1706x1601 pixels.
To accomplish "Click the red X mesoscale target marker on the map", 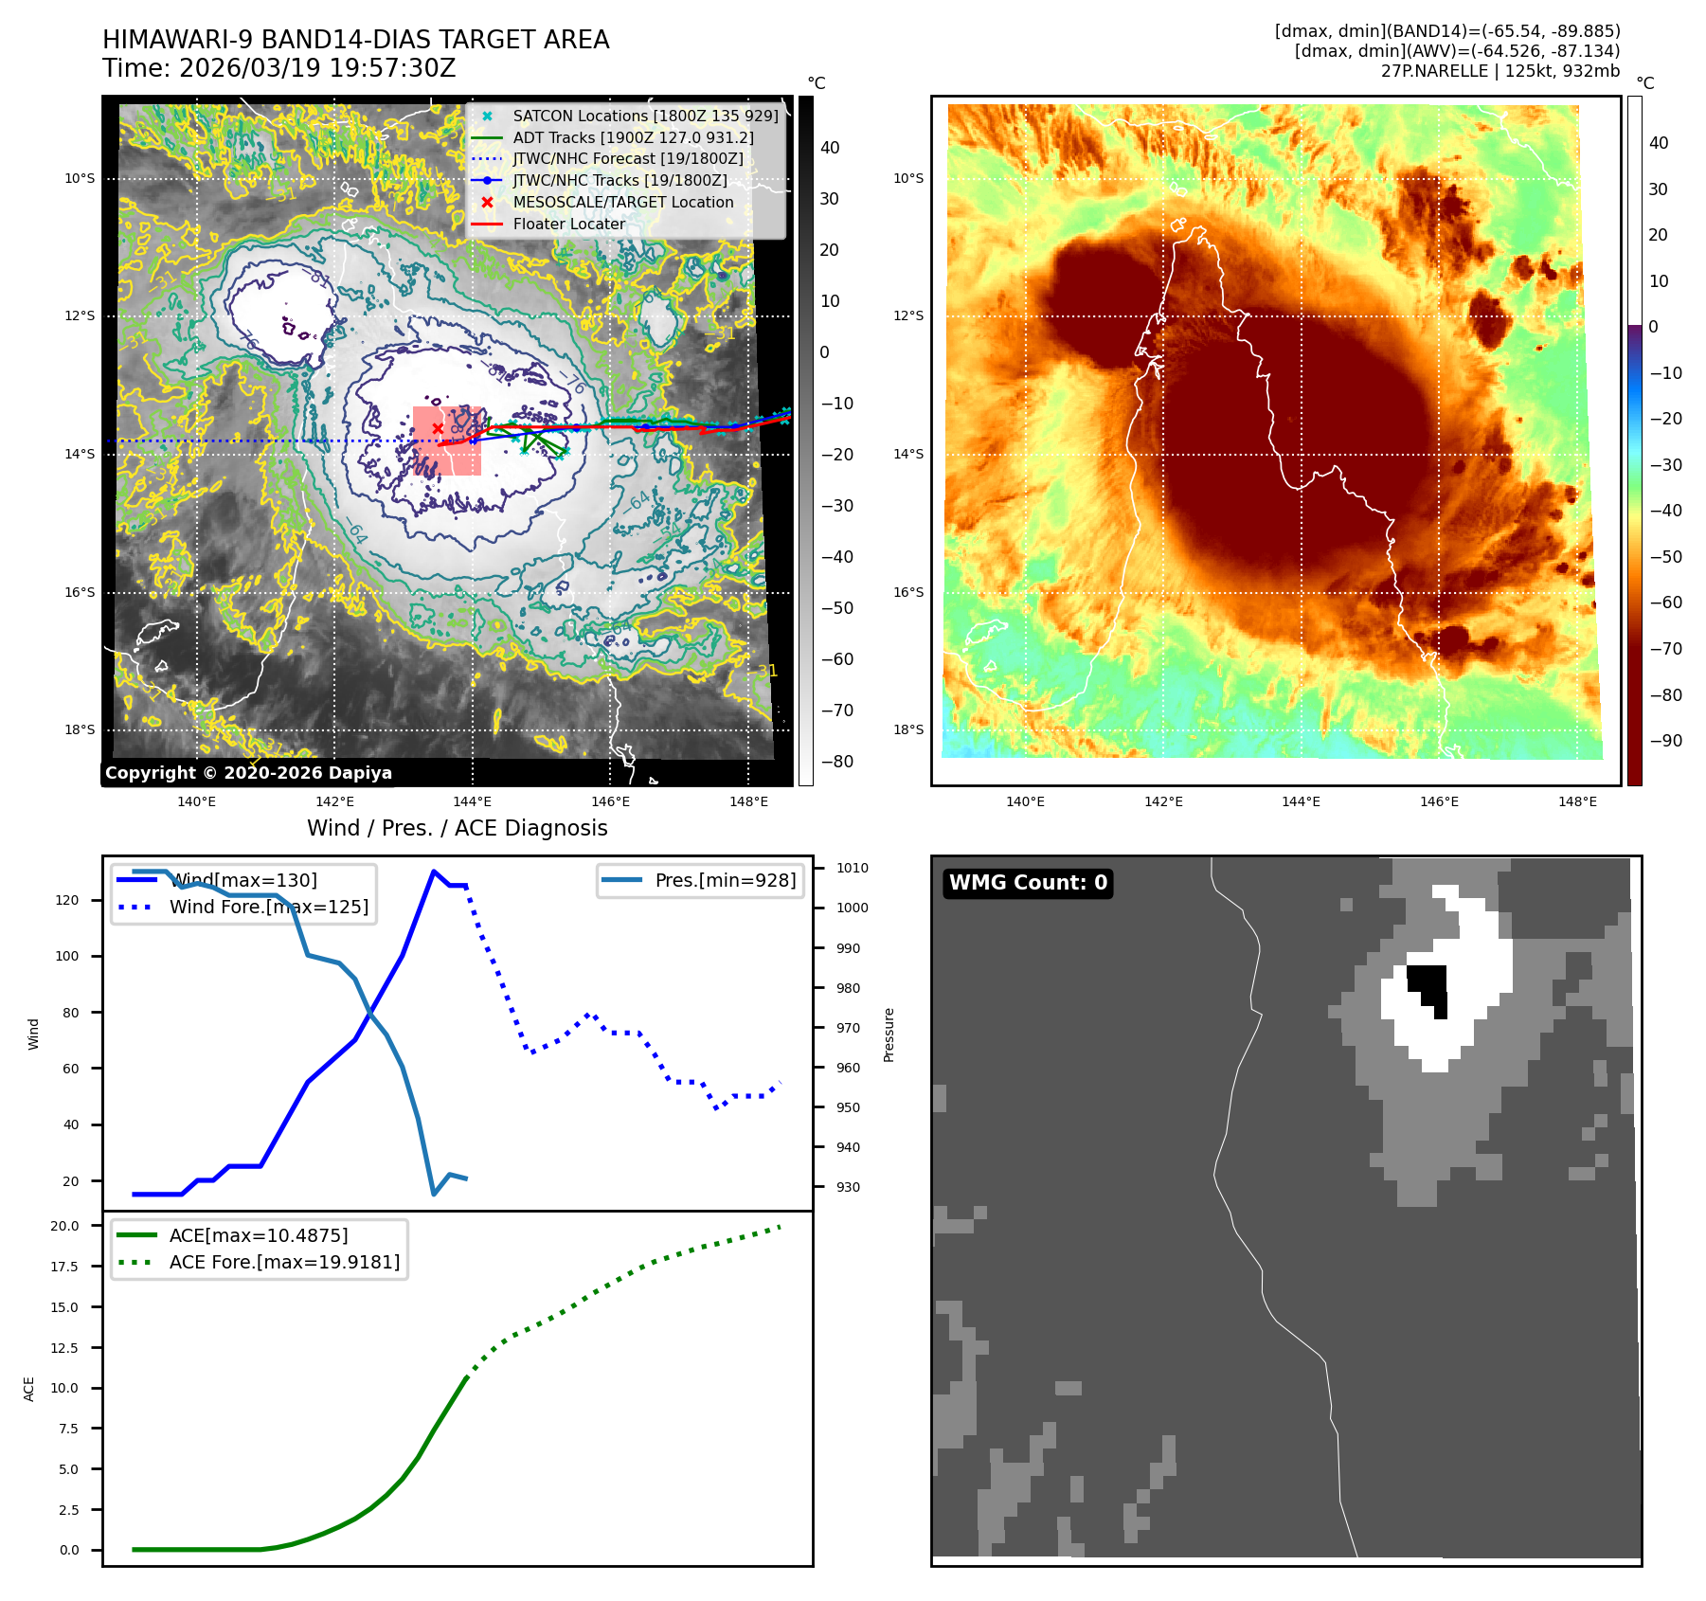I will click(438, 428).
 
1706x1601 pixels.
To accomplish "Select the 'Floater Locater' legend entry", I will click(568, 225).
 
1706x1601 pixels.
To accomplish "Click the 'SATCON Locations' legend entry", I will click(644, 117).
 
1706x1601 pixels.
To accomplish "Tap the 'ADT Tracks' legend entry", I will click(633, 138).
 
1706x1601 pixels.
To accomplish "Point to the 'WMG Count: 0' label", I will click(1028, 883).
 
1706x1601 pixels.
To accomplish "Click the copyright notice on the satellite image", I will click(248, 773).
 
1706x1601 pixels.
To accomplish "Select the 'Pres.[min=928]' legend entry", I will click(725, 881).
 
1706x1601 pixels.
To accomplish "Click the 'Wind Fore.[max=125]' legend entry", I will click(268, 908).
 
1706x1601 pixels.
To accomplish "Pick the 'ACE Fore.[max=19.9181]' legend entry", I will click(284, 1263).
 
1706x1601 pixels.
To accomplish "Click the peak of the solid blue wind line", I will click(434, 872).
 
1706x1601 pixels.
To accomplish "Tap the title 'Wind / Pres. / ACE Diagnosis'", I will click(457, 829).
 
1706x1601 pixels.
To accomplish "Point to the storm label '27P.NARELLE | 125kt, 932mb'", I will click(1499, 71).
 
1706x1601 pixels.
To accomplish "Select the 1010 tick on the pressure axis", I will click(852, 868).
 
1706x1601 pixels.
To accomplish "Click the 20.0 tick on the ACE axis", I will click(65, 1226).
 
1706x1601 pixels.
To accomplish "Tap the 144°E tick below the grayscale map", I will click(472, 802).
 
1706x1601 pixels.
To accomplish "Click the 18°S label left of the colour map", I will click(908, 730).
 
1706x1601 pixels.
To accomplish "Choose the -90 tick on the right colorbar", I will click(1665, 741).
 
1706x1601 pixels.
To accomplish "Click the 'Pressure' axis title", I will click(889, 1034).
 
